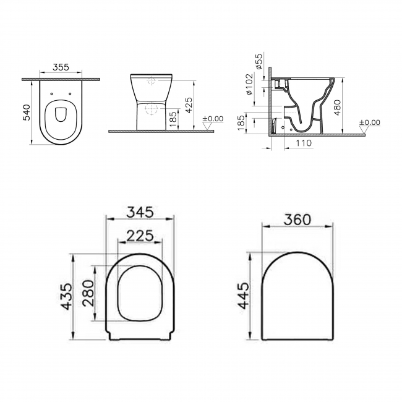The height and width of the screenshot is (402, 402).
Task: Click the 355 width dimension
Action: tap(60, 67)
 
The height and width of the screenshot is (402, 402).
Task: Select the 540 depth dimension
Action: tap(27, 112)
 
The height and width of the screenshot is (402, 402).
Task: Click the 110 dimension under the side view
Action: tap(303, 143)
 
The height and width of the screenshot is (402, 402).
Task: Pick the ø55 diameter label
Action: tap(259, 62)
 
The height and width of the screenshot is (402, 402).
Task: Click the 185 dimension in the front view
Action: tap(173, 118)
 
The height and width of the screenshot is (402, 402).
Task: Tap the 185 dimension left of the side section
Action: tap(240, 121)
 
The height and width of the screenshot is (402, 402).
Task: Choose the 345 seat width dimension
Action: tap(140, 212)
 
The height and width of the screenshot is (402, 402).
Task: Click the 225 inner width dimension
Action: tap(140, 234)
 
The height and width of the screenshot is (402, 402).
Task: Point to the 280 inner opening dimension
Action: tap(87, 293)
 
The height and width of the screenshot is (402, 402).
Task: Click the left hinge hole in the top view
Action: tap(53, 94)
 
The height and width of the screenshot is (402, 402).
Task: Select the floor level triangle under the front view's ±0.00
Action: tap(208, 126)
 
